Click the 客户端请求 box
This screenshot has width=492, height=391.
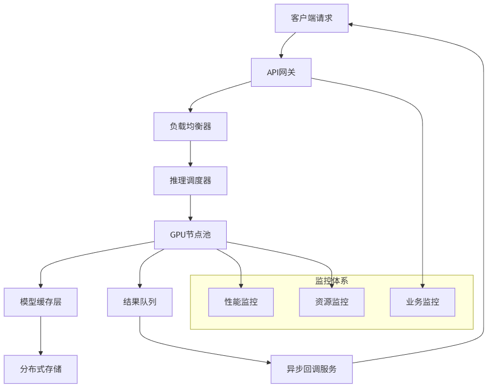(312, 18)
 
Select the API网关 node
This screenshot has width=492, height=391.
(281, 72)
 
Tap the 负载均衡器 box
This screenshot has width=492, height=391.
(190, 127)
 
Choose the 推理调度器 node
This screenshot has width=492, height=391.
(190, 181)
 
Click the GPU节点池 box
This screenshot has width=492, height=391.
(190, 235)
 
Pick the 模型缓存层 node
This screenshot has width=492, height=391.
(41, 302)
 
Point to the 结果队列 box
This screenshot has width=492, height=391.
(139, 302)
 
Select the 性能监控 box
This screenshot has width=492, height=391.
(241, 302)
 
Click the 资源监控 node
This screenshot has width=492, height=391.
(332, 302)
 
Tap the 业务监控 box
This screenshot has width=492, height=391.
(423, 302)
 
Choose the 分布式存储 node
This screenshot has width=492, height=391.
(41, 369)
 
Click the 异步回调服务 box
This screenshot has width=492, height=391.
(312, 369)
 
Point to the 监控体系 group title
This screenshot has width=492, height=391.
(332, 281)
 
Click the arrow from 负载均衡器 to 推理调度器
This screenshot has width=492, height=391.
(190, 153)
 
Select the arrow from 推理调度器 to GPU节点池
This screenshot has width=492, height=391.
(190, 208)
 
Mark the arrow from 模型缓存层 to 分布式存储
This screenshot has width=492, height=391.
(41, 336)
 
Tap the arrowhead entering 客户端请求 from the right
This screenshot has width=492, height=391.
(352, 24)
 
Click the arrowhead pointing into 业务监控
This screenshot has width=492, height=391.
(423, 285)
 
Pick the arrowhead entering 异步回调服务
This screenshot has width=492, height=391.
(268, 362)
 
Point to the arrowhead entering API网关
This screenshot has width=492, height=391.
(282, 55)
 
